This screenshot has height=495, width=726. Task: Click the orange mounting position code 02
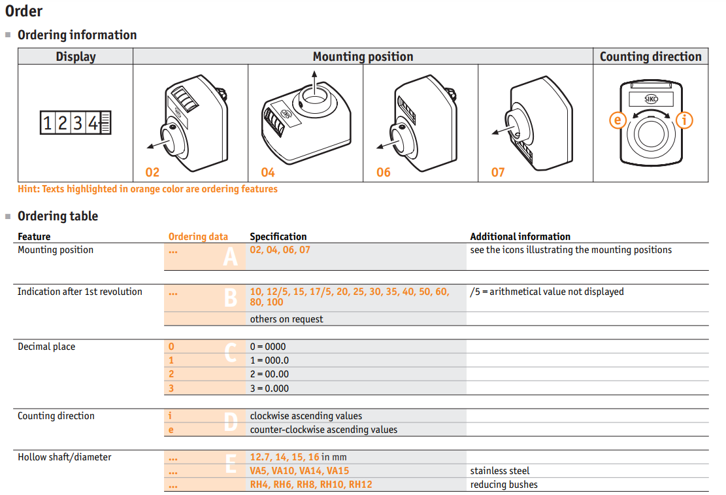pos(152,173)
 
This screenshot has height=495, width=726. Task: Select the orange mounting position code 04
pos(268,173)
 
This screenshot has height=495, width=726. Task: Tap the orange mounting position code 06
pos(384,173)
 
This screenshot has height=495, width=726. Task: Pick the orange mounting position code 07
pos(498,173)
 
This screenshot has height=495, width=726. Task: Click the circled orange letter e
pos(618,120)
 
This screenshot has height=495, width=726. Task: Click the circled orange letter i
pos(684,120)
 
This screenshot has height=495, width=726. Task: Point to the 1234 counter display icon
pos(75,123)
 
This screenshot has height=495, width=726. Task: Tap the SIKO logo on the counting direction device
pos(651,99)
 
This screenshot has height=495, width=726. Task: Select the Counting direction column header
pos(651,56)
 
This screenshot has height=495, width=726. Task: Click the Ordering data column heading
pos(198,237)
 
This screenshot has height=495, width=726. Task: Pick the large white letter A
pos(231,256)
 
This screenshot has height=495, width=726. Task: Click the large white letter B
pos(231,298)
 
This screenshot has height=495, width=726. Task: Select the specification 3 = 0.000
pos(269,388)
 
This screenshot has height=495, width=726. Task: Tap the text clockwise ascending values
pos(306,416)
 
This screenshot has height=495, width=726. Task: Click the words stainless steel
pos(500,471)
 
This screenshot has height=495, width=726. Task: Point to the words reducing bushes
pos(504,485)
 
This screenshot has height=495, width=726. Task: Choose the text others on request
pos(287,319)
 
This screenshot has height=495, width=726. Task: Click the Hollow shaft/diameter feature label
pos(64,458)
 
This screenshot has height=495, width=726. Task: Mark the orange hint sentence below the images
pos(148,189)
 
